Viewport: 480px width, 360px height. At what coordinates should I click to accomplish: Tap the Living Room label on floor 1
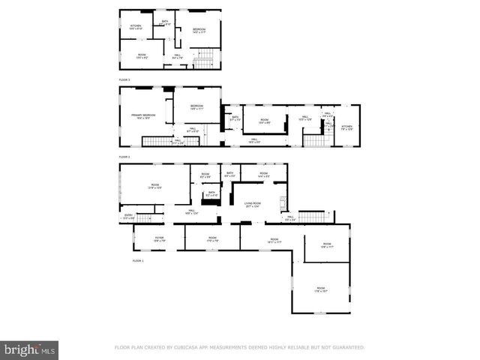[251, 204]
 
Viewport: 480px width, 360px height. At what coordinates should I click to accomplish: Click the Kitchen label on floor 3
[136, 28]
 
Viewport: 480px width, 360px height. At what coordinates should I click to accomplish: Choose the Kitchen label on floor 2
[346, 127]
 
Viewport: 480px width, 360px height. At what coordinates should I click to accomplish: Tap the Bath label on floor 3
[165, 23]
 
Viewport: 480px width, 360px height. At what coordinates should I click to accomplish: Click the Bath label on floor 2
[235, 118]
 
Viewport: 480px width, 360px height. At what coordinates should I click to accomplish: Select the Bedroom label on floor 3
[198, 30]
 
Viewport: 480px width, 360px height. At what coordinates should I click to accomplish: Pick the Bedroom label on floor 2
[196, 107]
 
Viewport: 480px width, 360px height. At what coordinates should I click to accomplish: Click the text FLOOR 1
[138, 261]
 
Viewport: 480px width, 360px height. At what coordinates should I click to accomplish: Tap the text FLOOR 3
[124, 79]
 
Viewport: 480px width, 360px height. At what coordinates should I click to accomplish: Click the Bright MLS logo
[30, 349]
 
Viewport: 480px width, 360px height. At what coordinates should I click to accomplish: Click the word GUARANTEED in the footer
[347, 348]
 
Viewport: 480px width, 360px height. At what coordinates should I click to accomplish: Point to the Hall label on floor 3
[178, 55]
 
